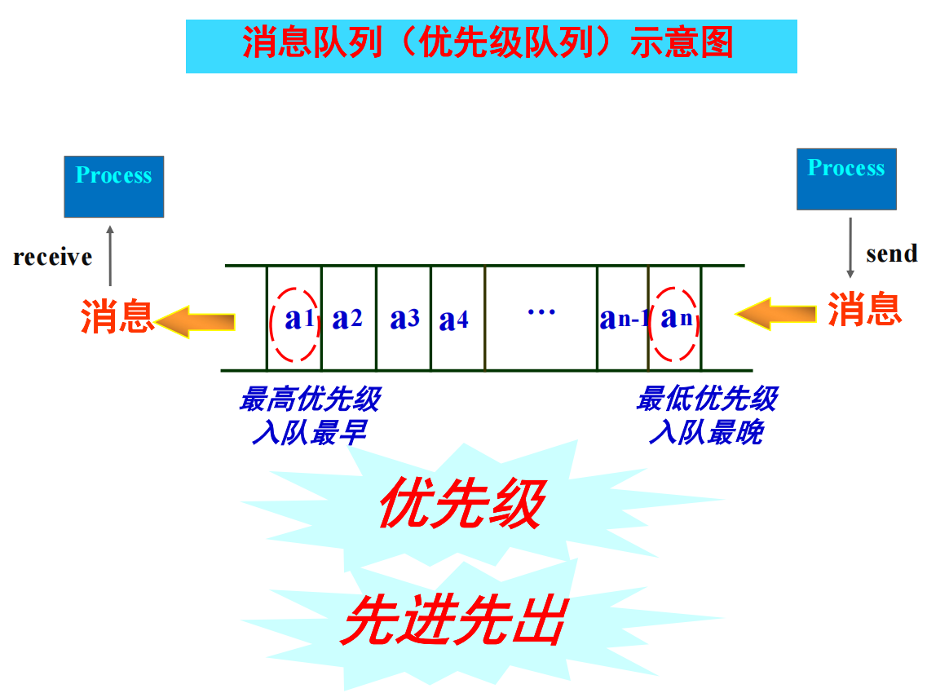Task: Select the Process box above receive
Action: coord(114,187)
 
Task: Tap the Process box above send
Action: coord(846,179)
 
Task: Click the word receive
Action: coord(53,258)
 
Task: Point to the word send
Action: coord(892,254)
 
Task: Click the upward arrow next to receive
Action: coord(110,255)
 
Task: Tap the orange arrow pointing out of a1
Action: coord(196,321)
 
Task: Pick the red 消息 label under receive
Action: coord(117,316)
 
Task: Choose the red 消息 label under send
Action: coord(865,310)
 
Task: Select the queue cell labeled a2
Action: coord(348,319)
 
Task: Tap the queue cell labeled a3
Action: coord(404,319)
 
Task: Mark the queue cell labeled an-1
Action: coord(623,319)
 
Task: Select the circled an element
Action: coord(676,319)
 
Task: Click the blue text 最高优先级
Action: coord(310,400)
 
